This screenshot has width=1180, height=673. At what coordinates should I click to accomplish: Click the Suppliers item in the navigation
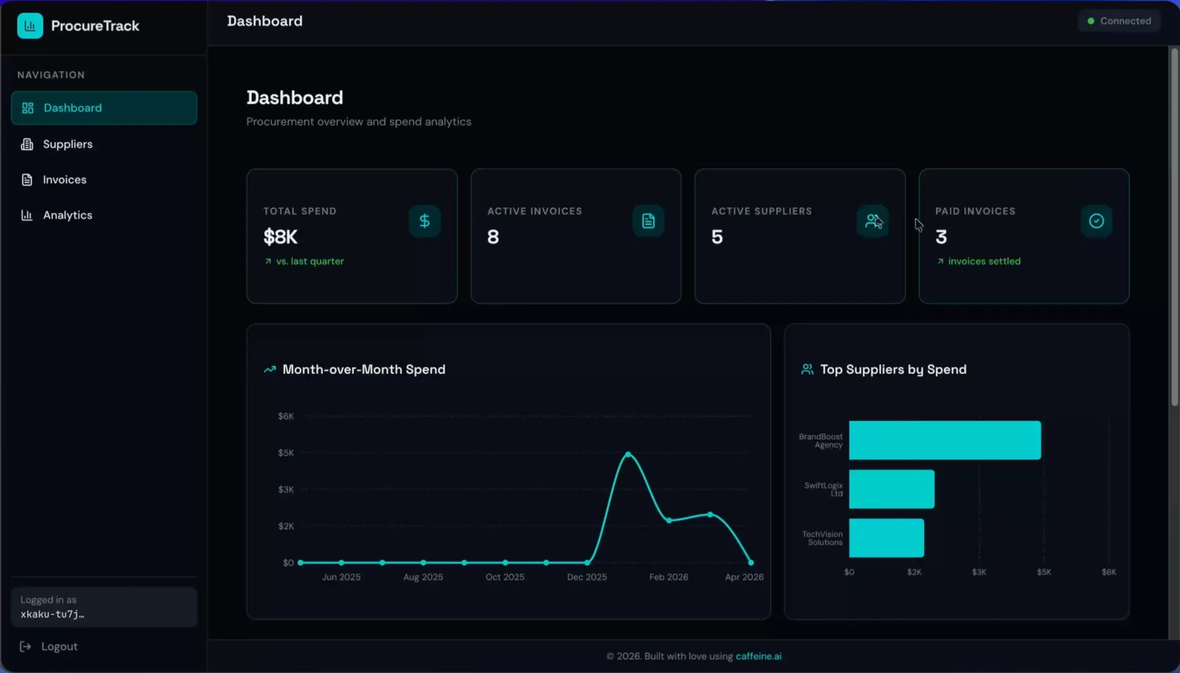tap(67, 144)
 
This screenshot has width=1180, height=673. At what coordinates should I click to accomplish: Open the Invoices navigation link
tap(64, 180)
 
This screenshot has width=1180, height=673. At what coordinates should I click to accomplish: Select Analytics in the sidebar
tap(67, 216)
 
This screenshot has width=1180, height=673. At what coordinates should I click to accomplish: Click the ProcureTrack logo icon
tap(30, 26)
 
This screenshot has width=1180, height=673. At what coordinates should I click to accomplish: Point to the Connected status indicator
tap(1119, 21)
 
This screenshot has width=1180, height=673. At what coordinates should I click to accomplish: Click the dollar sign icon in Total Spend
tap(424, 221)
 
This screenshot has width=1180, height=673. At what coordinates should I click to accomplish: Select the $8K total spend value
tap(280, 237)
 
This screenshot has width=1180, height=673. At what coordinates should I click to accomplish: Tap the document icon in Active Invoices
tap(648, 221)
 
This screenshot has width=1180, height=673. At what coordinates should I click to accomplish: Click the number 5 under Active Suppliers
tap(717, 237)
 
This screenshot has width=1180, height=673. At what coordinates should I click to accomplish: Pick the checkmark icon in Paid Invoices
tap(1096, 221)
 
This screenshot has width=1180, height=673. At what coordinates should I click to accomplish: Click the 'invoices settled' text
tap(983, 262)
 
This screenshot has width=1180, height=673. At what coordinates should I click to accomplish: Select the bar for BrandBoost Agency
tap(945, 440)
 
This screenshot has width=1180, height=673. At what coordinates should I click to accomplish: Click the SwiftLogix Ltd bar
tap(891, 489)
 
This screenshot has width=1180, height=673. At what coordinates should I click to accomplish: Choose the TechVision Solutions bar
tap(886, 538)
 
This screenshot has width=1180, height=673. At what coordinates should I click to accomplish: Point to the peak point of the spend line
tap(628, 454)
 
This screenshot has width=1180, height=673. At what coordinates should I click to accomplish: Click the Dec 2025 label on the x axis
tap(586, 577)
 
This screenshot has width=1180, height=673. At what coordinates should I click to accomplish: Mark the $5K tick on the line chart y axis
tap(286, 453)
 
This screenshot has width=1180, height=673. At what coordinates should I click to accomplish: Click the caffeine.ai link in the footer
tap(758, 656)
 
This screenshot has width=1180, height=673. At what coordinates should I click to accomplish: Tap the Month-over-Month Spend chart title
tap(363, 370)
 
